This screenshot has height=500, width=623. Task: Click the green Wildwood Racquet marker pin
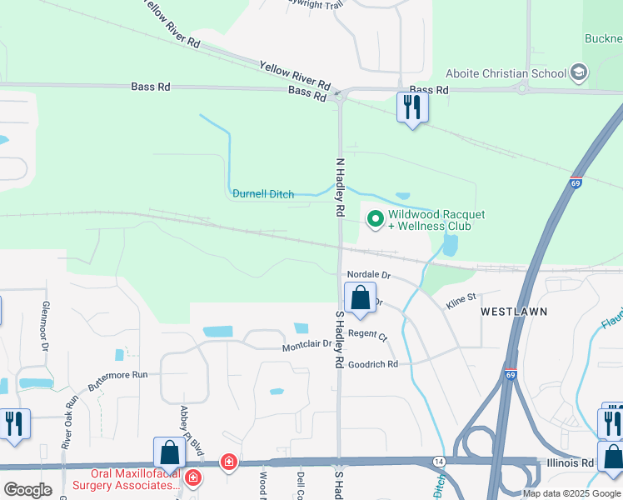pos(375,219)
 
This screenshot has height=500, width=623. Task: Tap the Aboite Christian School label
pos(506,73)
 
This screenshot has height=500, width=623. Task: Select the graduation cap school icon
pos(578,73)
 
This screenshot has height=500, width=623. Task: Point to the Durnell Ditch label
pos(263,194)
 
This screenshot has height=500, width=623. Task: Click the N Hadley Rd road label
pos(340,188)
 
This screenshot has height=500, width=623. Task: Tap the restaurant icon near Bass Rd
pos(412,107)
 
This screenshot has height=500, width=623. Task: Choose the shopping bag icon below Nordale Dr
pos(360,298)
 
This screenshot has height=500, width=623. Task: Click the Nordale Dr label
pos(369,274)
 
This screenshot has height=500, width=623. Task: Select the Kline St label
pos(461,297)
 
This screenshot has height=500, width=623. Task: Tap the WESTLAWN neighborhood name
pos(514,311)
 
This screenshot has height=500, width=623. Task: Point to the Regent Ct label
pos(367,334)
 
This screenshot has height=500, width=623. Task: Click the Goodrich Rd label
pos(373,364)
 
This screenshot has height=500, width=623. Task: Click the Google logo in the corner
pos(27,489)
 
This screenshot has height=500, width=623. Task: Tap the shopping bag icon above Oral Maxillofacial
pos(169,453)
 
